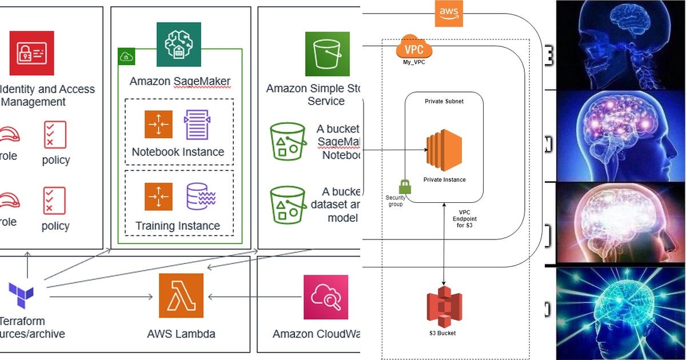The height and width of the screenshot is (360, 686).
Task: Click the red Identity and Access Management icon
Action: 32,53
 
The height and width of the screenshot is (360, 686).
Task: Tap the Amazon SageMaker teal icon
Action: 179,45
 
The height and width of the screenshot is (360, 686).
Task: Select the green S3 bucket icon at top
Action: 327,53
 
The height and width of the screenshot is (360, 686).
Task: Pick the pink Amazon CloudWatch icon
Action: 326,297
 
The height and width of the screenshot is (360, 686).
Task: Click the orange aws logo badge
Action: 449,13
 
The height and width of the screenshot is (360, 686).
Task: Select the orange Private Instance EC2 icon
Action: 444,150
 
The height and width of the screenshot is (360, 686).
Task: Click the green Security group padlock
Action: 405,187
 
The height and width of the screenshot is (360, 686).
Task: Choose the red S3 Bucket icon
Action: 444,307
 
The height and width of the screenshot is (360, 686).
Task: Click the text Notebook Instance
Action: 178,153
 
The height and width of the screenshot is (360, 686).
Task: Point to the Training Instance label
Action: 178,226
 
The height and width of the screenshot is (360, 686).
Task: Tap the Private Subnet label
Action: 444,101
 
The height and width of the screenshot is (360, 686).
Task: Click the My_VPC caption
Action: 414,62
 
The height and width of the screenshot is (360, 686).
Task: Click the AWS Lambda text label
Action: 181,334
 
